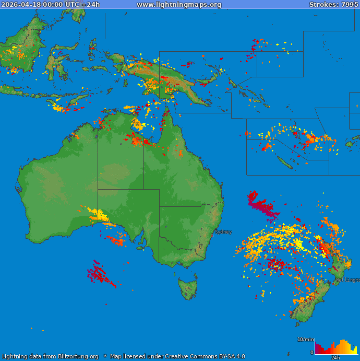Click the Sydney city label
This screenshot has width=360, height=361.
223,232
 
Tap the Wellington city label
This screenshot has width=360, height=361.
347,280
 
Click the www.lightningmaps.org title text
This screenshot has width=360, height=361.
179,5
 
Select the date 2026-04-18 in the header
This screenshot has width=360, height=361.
21,5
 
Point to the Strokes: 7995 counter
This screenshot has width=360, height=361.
333,5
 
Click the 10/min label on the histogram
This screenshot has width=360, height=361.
305,340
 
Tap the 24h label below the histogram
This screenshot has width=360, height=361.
335,358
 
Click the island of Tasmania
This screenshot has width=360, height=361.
188,288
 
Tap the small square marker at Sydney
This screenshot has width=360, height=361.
212,236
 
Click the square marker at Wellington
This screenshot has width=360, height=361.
333,284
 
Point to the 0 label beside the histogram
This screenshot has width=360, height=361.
312,353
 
